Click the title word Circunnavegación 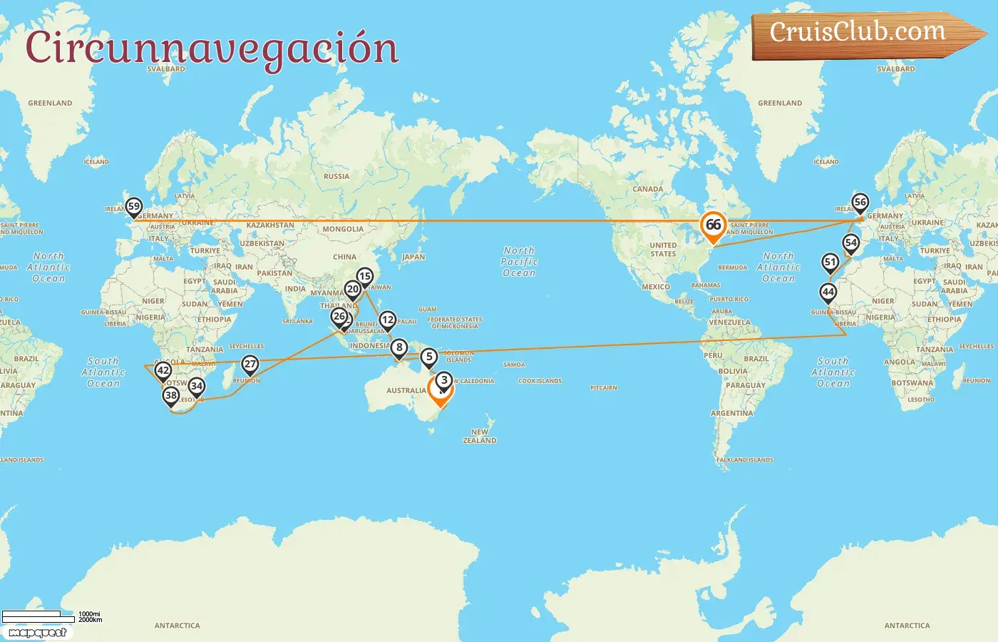212,48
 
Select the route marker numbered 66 713,225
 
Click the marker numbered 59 133,207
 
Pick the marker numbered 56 860,203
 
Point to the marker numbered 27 249,364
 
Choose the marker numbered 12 387,320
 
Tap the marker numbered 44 828,292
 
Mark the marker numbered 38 171,395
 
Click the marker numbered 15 364,276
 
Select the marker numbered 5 428,357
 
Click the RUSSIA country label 336,176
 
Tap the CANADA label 647,189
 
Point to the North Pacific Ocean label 519,262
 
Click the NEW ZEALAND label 480,436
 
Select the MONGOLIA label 343,229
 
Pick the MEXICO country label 655,287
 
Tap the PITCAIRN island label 603,388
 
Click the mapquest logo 37,632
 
